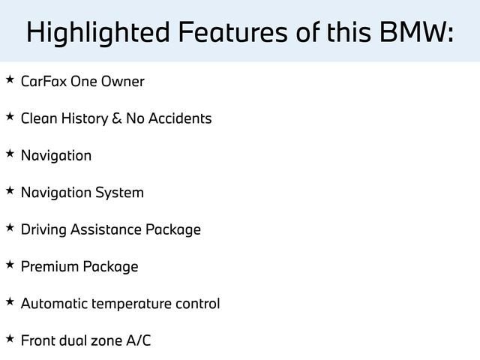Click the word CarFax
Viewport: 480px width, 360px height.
click(43, 81)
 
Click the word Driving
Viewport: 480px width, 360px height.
click(43, 229)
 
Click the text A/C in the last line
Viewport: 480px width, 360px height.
click(138, 340)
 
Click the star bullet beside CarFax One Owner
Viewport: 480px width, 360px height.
click(9, 79)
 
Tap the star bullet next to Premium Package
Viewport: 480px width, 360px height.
click(9, 265)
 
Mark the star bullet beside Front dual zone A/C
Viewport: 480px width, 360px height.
click(9, 338)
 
